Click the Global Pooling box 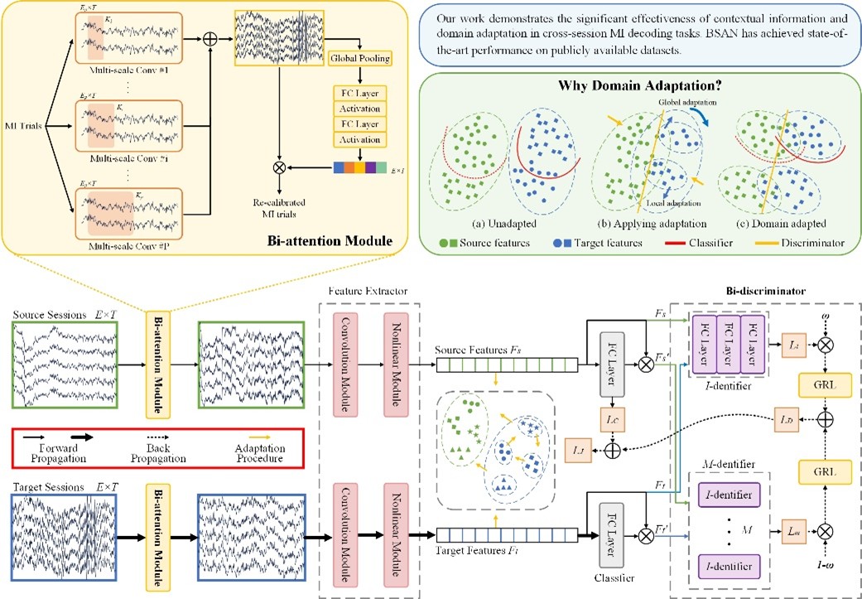tap(360, 59)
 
